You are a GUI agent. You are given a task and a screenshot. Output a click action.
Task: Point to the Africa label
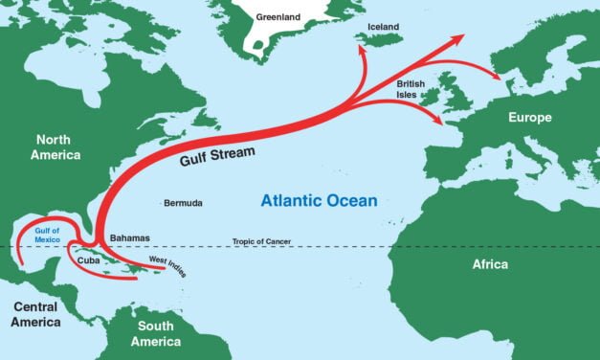pos(489,263)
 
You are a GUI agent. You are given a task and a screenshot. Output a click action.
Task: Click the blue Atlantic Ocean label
pos(320,200)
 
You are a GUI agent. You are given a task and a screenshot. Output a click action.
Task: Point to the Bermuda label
pos(183,203)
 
